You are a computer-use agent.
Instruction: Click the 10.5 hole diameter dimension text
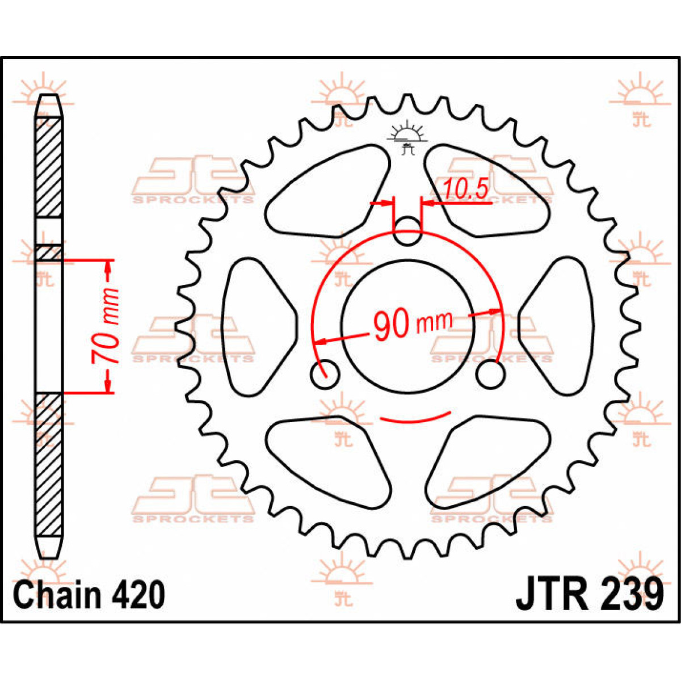(x=465, y=189)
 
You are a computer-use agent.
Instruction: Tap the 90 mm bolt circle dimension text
(x=413, y=324)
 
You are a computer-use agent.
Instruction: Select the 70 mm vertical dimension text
(x=105, y=326)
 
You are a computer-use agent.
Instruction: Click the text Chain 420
(x=89, y=591)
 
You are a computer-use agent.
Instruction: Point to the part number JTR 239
(x=590, y=591)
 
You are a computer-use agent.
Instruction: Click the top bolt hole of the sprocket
(x=407, y=231)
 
